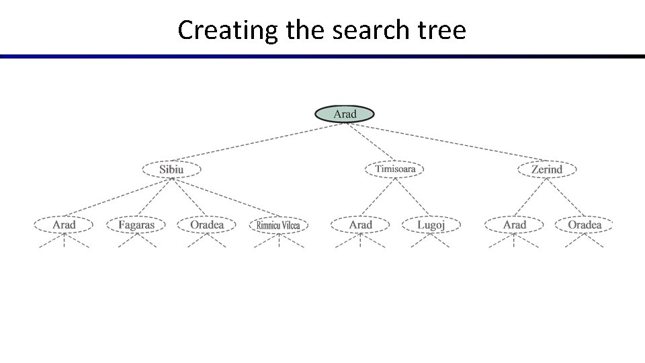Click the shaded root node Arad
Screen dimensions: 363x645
pyautogui.click(x=345, y=114)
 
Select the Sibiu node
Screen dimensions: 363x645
pyautogui.click(x=171, y=169)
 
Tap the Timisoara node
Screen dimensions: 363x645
pyautogui.click(x=395, y=169)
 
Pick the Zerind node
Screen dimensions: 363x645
pyautogui.click(x=546, y=169)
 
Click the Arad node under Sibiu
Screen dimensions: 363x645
pyautogui.click(x=64, y=225)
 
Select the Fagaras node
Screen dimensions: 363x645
pyautogui.click(x=136, y=225)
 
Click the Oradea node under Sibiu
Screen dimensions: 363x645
pyautogui.click(x=207, y=225)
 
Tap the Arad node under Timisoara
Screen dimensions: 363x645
pyautogui.click(x=361, y=225)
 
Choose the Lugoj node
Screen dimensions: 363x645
pyautogui.click(x=431, y=225)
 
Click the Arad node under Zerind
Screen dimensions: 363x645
pyautogui.click(x=515, y=225)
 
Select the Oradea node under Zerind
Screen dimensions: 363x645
pyautogui.click(x=585, y=225)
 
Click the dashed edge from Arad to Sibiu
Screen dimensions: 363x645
pyautogui.click(x=259, y=142)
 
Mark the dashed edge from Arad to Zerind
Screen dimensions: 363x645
pyautogui.click(x=447, y=142)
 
